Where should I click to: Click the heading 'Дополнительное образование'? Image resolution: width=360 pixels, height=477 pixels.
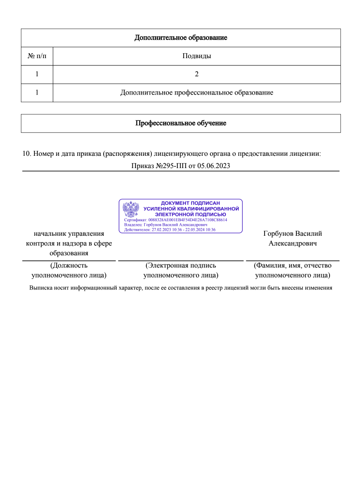point(180,38)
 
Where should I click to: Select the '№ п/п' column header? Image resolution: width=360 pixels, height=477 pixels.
point(37,56)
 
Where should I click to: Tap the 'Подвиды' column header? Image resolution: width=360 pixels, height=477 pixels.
point(196,56)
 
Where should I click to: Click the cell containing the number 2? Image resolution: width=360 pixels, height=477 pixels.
point(196,75)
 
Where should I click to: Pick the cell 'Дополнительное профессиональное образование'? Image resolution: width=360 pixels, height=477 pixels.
point(196,93)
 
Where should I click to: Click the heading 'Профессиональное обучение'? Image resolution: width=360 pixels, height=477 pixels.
point(180,123)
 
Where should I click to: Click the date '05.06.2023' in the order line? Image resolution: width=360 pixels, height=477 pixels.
point(214,166)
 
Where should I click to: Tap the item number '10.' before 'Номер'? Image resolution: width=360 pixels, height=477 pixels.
point(27,154)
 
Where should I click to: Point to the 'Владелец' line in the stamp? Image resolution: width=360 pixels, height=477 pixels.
point(165,225)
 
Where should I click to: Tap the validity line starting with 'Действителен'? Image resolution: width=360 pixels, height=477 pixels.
point(170,230)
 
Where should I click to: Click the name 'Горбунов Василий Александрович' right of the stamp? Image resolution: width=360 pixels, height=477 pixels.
point(293,238)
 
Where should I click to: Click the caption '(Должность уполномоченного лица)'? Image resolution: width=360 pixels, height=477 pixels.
point(69,270)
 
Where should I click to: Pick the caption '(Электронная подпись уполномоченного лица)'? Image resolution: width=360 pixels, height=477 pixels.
point(180,270)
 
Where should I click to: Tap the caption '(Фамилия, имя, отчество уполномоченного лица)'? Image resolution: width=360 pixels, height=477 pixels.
point(293,270)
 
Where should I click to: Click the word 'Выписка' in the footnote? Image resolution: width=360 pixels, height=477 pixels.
point(40,288)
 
